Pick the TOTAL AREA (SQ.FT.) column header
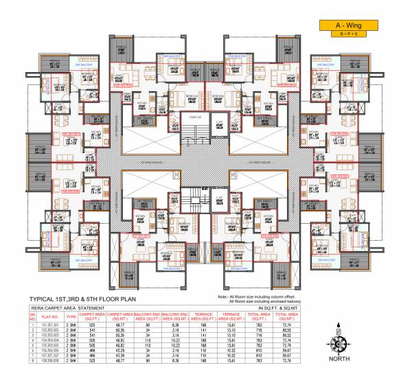tap(271, 318)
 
